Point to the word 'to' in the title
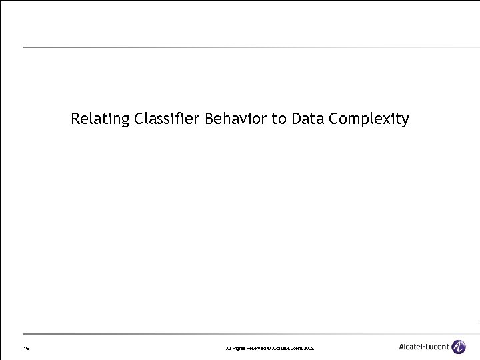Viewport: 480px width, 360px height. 279,119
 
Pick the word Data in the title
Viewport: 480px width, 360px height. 307,119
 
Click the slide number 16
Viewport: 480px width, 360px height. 25,349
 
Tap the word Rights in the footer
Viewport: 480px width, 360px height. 239,349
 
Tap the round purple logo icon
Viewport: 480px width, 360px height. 459,347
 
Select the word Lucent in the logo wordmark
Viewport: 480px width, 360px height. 438,347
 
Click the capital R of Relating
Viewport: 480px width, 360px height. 75,119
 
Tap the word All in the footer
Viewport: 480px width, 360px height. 229,349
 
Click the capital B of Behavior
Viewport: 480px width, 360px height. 210,119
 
